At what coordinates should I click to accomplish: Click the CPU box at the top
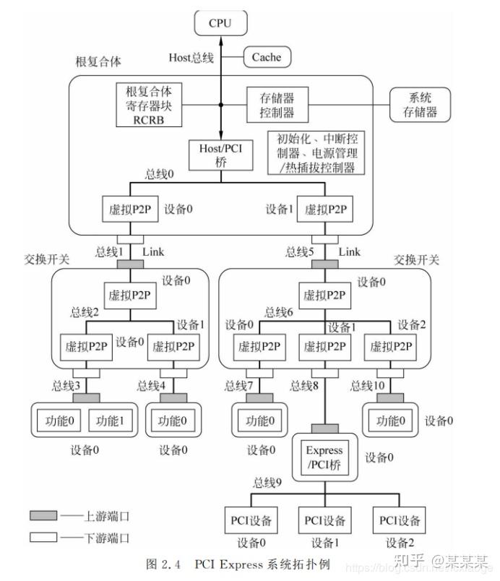(x=220, y=22)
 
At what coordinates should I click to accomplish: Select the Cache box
(x=266, y=57)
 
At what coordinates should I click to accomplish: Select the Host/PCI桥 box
(x=220, y=155)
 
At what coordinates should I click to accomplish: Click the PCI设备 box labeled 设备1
(x=324, y=520)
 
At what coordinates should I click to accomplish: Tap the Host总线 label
(x=191, y=57)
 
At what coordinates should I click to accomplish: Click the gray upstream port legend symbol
(x=44, y=515)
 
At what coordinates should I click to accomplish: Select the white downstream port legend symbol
(x=44, y=537)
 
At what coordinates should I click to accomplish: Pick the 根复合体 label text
(x=98, y=61)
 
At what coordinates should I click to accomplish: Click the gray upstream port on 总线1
(x=129, y=264)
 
